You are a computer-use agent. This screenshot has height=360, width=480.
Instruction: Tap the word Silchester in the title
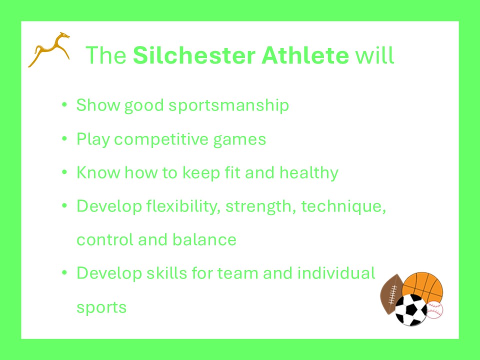point(194,55)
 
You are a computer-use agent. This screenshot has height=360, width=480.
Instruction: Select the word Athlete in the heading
point(305,55)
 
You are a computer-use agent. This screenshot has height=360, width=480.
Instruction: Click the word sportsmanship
point(228,105)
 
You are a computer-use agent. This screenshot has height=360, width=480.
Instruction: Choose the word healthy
point(309,172)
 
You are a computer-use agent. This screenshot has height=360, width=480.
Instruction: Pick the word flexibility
point(183,206)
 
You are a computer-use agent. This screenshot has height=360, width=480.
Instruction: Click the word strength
point(260,206)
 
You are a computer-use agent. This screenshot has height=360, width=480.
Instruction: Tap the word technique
point(343,206)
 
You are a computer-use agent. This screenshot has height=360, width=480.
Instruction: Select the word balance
point(204,239)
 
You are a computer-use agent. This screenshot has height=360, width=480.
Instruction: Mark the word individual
point(336,273)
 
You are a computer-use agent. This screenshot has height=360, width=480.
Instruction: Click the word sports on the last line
point(101,307)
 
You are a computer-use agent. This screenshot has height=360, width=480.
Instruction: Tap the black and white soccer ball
point(411,310)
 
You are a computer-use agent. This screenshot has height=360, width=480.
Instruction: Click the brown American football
point(390,294)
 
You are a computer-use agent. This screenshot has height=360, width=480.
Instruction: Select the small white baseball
point(434,310)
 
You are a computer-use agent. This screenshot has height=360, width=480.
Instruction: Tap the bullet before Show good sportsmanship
point(64,105)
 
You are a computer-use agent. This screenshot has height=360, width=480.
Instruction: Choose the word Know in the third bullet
point(98,172)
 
